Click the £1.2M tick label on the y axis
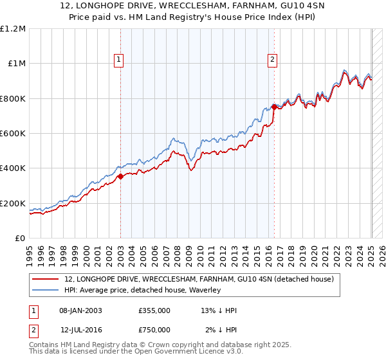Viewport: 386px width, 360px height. pos(13,29)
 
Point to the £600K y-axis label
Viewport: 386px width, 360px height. pos(13,134)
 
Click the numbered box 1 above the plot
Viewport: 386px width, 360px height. pos(120,60)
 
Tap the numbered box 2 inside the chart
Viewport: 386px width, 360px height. pos(273,60)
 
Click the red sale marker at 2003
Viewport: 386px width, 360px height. pos(120,175)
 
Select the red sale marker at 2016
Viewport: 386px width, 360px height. pos(274,107)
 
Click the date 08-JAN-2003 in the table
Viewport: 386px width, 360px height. pos(80,311)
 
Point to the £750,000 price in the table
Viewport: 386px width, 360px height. pos(154,330)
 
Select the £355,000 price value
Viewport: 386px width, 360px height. pos(154,311)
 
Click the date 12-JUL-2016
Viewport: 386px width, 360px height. pos(80,330)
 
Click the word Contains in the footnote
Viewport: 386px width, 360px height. pos(45,345)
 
